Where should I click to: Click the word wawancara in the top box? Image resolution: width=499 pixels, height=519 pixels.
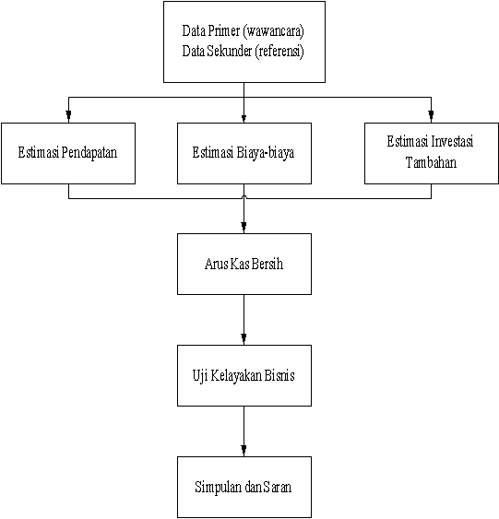tap(274, 31)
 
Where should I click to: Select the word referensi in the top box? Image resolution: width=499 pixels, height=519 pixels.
tap(279, 52)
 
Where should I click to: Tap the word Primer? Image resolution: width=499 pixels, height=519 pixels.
tap(224, 30)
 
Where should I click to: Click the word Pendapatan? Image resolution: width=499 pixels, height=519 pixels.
tap(89, 153)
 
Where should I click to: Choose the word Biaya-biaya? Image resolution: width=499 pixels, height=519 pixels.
tap(266, 153)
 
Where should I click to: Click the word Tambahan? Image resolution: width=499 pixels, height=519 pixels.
tap(431, 162)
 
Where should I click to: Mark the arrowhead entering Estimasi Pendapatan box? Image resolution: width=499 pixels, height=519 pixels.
tap(68, 115)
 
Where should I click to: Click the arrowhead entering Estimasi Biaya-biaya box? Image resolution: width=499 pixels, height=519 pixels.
tap(244, 118)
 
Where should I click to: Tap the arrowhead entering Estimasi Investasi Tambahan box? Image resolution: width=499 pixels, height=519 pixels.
tap(431, 115)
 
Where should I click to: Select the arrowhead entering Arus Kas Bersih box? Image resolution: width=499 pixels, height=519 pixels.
tap(244, 227)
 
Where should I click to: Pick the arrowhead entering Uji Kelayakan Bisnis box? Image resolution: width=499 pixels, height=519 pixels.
tap(244, 338)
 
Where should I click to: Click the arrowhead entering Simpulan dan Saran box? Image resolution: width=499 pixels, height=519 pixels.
tap(244, 450)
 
